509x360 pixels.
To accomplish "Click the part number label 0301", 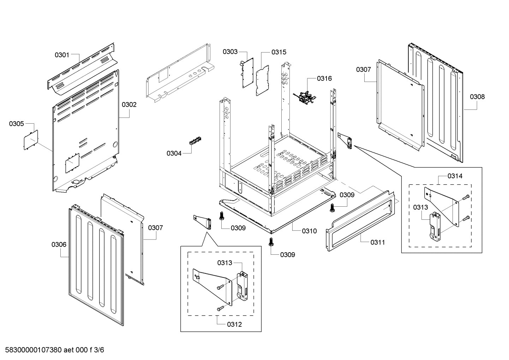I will (x=62, y=55).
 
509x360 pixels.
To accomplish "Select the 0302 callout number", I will (x=129, y=105).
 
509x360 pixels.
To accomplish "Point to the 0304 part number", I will (x=174, y=153).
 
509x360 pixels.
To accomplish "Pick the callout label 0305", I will (x=17, y=124).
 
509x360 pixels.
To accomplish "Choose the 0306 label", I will (x=59, y=244).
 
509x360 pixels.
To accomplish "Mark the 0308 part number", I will (x=477, y=96).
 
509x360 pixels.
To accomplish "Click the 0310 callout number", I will (x=309, y=231).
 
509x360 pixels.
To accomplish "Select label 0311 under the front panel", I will (x=378, y=242).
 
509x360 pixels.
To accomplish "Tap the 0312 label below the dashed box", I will (x=235, y=324).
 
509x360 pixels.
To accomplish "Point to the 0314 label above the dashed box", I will (x=455, y=176).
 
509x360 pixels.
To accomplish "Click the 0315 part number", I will (x=279, y=52).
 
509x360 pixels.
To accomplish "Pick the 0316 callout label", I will (x=324, y=78).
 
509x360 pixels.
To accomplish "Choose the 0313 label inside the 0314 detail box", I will (x=421, y=207).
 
